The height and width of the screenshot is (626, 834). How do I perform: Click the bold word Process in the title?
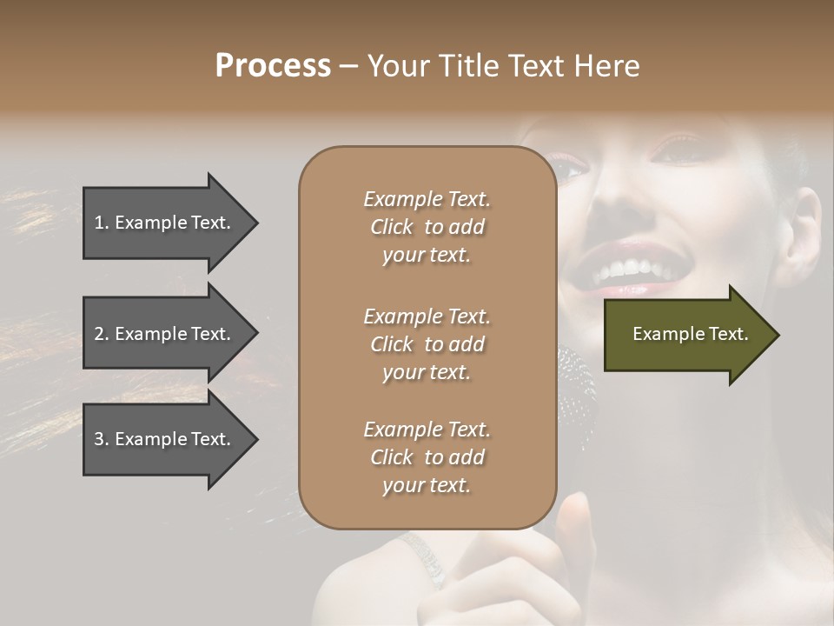click(x=273, y=65)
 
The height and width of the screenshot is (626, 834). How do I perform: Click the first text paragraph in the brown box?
click(x=427, y=227)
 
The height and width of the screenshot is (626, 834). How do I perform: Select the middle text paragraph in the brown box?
click(x=427, y=344)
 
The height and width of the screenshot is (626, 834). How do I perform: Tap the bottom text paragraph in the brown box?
click(x=427, y=457)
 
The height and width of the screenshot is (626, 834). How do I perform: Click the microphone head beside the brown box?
click(x=576, y=383)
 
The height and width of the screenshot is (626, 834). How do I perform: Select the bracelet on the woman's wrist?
click(x=427, y=556)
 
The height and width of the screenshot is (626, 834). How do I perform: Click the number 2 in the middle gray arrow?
click(x=100, y=334)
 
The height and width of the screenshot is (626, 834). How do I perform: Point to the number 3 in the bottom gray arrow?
click(x=100, y=439)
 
